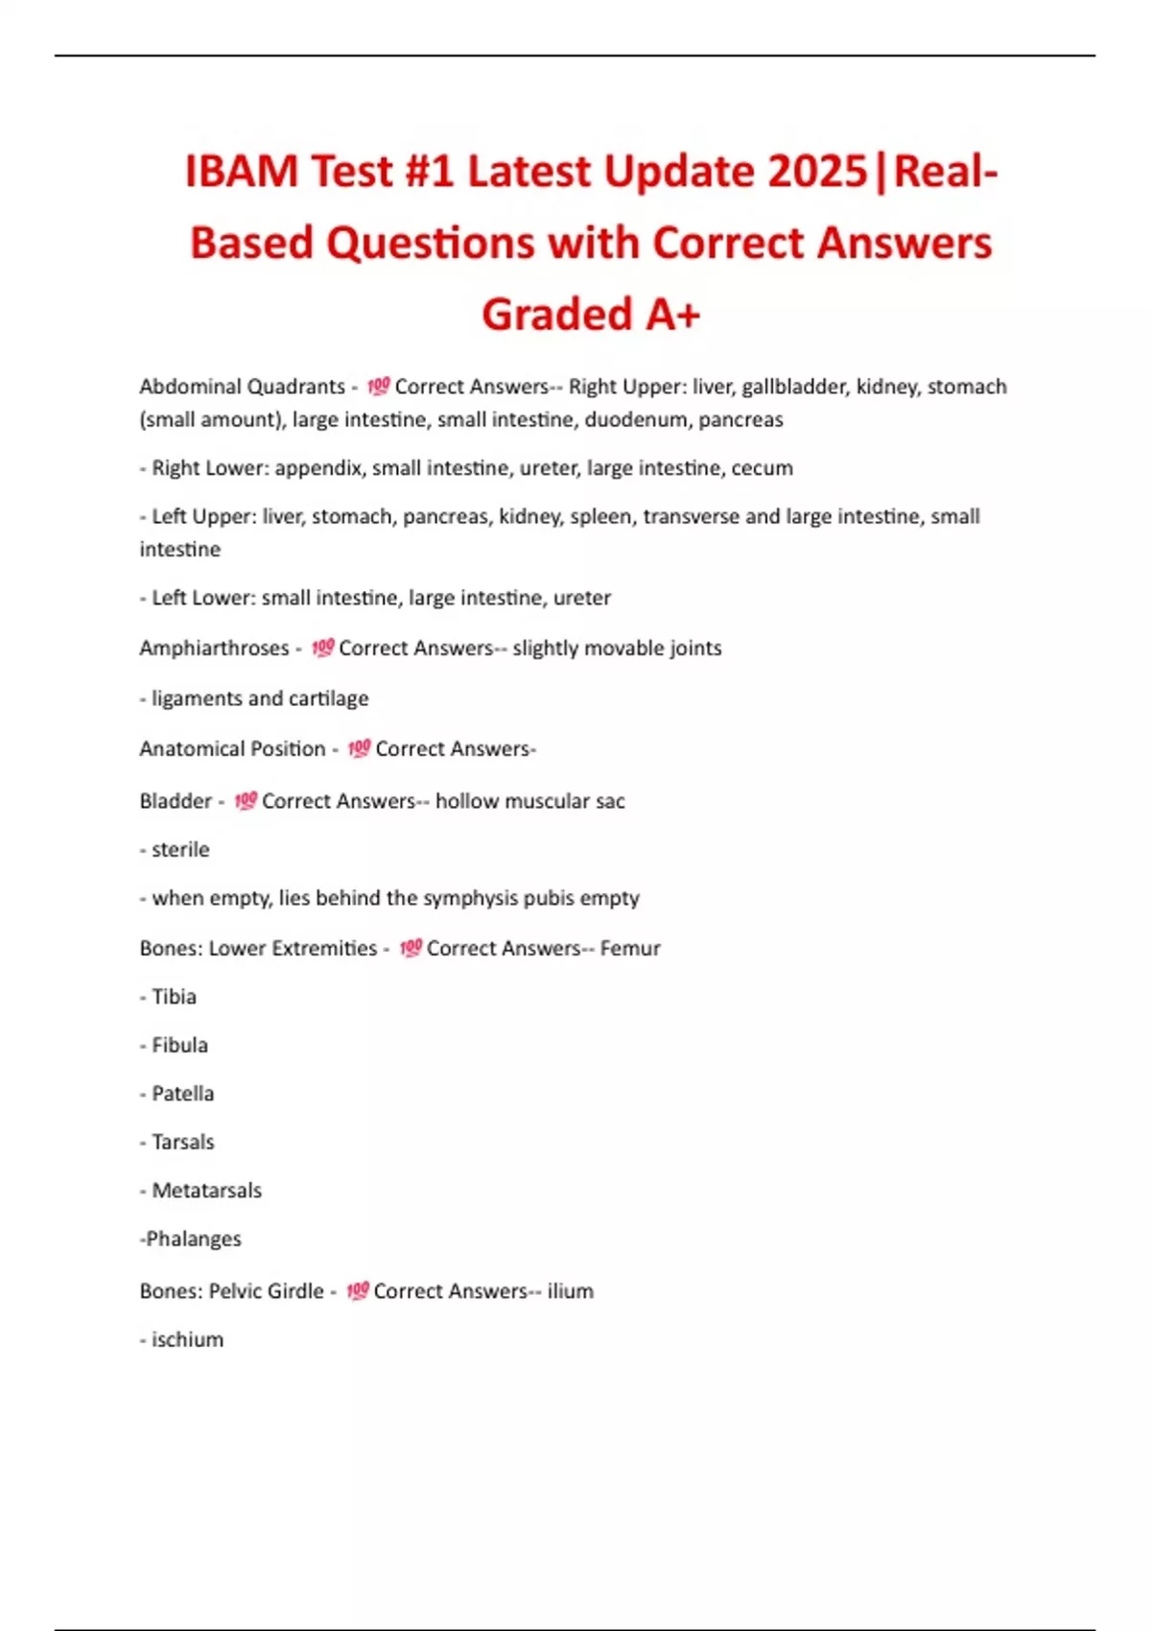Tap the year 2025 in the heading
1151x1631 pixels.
817,173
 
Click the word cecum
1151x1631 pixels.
762,468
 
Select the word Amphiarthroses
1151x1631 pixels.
214,649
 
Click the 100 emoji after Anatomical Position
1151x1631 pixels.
359,748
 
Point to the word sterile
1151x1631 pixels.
180,849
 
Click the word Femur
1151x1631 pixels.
630,948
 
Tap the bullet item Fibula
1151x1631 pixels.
179,1045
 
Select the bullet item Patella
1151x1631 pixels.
182,1094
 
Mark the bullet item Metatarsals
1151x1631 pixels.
206,1191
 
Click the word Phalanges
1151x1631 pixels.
193,1239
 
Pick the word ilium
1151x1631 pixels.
570,1291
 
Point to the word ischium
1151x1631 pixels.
187,1339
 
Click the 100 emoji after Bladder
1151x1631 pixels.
246,800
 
